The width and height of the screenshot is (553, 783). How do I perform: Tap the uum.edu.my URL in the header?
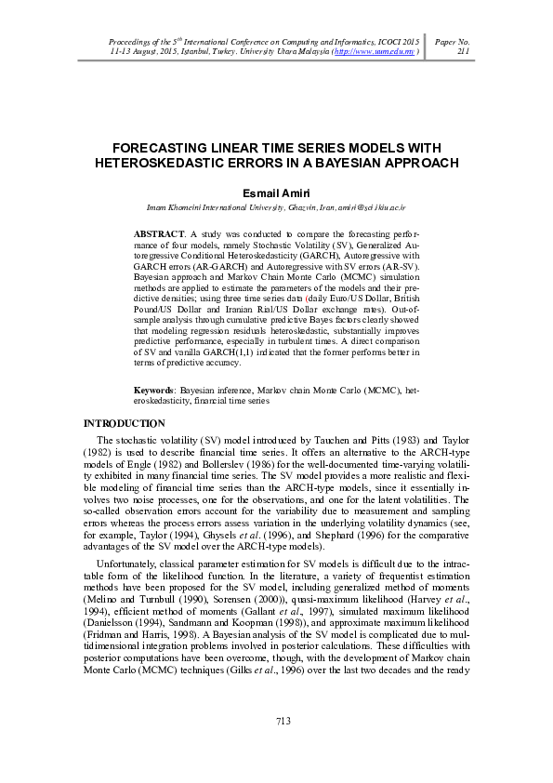point(376,52)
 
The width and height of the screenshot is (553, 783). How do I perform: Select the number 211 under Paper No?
point(465,52)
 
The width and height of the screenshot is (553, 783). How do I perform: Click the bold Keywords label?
point(154,392)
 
